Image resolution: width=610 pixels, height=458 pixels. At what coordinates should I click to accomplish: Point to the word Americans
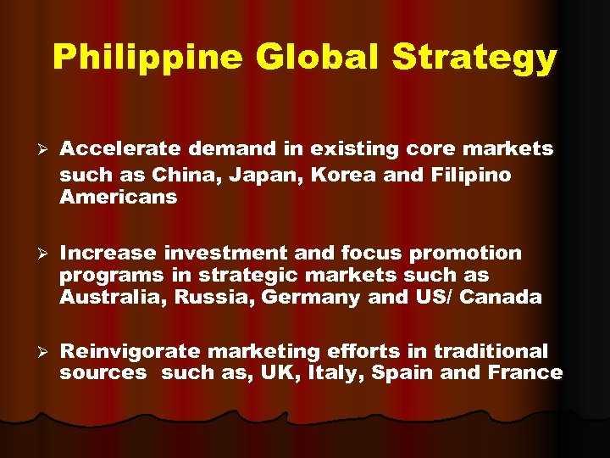[x=118, y=197]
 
